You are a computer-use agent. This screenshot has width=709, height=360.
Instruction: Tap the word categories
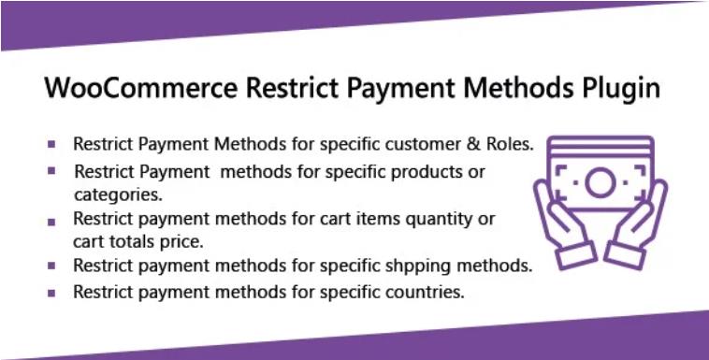[118, 195]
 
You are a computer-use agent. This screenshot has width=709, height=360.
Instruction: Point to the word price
[181, 241]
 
